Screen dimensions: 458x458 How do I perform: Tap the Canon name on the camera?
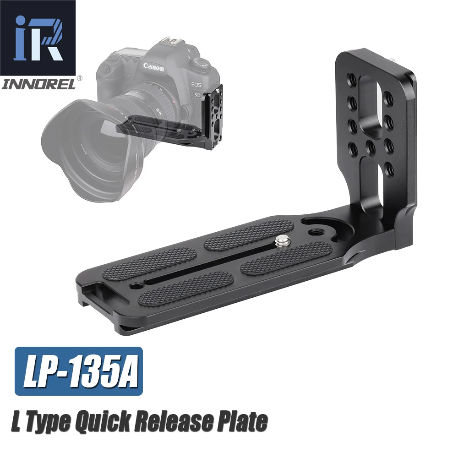click(x=153, y=67)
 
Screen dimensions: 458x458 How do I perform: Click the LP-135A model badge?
click(x=79, y=371)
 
